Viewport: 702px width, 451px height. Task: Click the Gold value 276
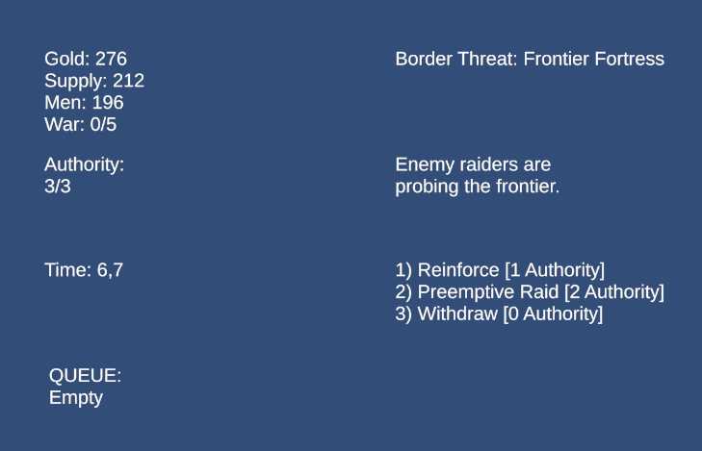[x=111, y=59]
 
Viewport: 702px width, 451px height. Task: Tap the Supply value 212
[x=128, y=81]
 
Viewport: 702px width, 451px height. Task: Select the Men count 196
[x=108, y=102]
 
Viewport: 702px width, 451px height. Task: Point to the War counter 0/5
[x=103, y=124]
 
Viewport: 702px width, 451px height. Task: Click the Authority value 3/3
[x=58, y=186]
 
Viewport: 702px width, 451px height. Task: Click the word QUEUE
[x=85, y=375]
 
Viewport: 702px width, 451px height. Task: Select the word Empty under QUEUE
[x=76, y=398]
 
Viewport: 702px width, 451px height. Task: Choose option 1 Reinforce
[x=500, y=270]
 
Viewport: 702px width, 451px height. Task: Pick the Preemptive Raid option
[x=530, y=292]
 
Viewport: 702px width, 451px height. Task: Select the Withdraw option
[x=499, y=313]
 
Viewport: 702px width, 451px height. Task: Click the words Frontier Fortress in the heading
[x=593, y=59]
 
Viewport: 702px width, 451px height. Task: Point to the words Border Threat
[x=456, y=59]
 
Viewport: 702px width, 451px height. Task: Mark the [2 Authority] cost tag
[x=614, y=292]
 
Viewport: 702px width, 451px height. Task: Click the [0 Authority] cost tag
[x=553, y=313]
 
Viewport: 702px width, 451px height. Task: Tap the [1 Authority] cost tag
[x=555, y=270]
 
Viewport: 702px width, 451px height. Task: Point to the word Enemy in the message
[x=425, y=165]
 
